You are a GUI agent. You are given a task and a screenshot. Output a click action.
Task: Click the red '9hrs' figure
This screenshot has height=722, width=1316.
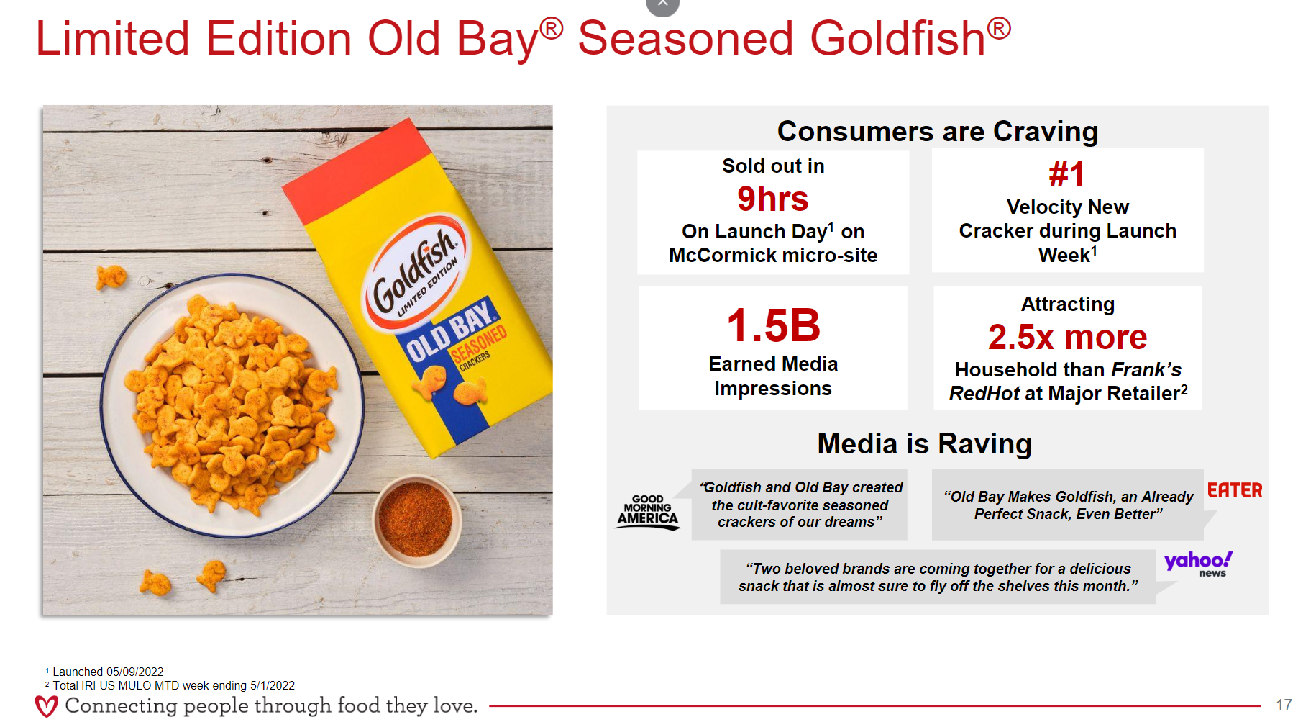[772, 199]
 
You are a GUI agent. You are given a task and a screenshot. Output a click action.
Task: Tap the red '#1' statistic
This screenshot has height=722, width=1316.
[1066, 174]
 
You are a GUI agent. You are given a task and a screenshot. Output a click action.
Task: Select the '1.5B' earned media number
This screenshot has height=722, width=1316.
[773, 325]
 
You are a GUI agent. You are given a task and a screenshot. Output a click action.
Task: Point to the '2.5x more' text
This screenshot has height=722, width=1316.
[1067, 337]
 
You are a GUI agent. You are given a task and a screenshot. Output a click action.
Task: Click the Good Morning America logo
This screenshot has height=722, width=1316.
[647, 512]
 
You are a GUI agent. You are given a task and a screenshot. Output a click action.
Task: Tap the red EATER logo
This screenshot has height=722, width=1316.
[1235, 490]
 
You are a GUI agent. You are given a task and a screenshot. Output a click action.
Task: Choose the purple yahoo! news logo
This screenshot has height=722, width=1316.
[1199, 564]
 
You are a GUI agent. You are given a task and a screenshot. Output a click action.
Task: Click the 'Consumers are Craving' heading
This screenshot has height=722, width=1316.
[938, 131]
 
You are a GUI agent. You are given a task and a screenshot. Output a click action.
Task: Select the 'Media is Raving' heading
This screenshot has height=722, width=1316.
[925, 443]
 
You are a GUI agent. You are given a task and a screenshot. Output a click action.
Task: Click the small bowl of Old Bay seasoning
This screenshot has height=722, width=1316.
[416, 518]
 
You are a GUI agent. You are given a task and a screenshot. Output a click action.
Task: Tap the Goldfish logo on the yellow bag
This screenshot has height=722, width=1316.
[415, 271]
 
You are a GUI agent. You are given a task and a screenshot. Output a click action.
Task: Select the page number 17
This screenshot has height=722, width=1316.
[1284, 705]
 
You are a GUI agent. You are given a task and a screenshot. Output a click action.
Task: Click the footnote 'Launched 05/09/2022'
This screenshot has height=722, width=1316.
[108, 672]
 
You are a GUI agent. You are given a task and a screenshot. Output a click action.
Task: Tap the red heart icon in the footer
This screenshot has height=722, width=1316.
[47, 705]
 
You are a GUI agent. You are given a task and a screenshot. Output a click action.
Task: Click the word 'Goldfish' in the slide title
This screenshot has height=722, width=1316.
[897, 38]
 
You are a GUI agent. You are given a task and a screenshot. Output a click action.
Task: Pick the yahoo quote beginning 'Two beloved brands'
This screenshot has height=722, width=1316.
[938, 577]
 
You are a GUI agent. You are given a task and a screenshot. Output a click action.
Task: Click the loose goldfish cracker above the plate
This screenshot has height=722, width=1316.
[111, 276]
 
